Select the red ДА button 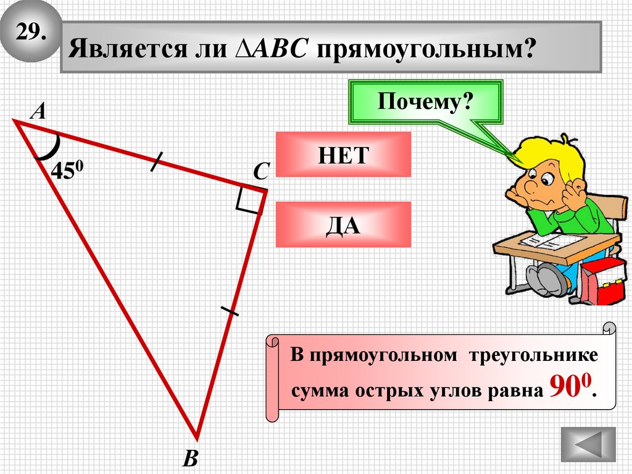pos(343,225)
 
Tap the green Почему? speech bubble pos(425,100)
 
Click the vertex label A pos(38,111)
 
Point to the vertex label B pos(191,458)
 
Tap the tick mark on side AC pos(156,161)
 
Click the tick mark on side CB pos(230,310)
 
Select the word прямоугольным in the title pos(425,49)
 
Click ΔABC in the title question pos(272,49)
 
